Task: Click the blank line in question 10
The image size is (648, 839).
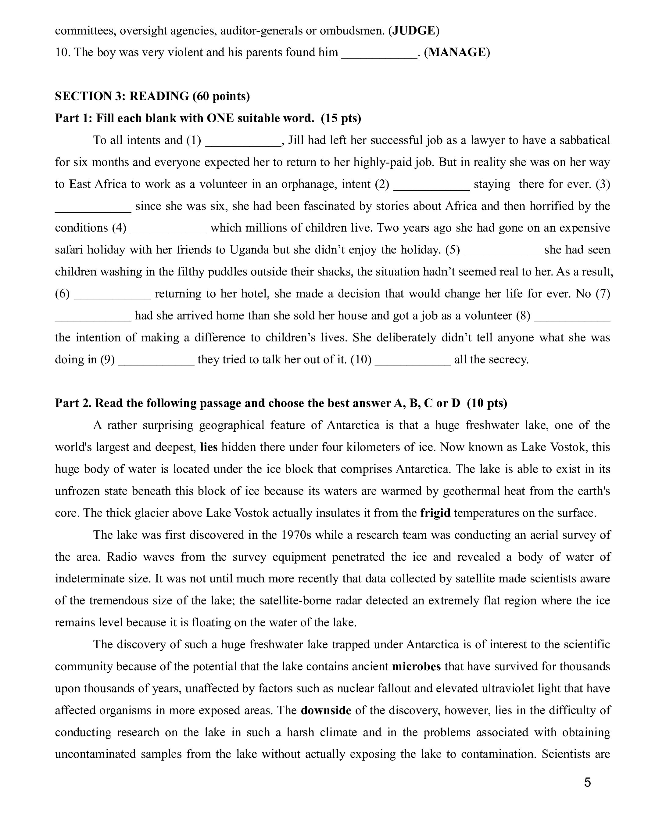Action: [379, 54]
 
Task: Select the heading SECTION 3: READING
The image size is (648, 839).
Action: [152, 96]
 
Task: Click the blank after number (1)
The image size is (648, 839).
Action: [243, 142]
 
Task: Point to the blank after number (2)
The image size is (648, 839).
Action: [431, 185]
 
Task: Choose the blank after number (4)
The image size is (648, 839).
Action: [169, 229]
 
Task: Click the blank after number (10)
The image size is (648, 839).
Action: [413, 361]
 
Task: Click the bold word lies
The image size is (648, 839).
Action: [209, 447]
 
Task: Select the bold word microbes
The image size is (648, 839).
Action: [416, 666]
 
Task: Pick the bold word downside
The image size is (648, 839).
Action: [326, 710]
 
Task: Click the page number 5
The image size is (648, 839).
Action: [587, 783]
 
